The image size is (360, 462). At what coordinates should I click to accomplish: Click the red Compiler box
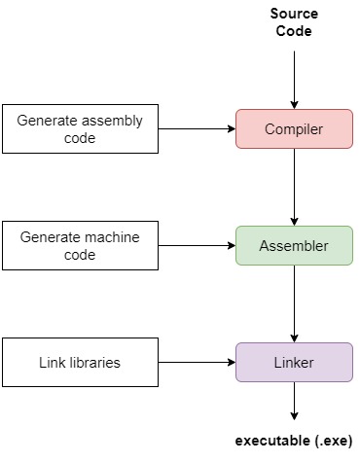pyautogui.click(x=294, y=128)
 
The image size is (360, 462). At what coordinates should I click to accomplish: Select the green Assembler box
pyautogui.click(x=294, y=246)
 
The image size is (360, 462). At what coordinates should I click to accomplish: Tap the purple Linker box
pyautogui.click(x=294, y=362)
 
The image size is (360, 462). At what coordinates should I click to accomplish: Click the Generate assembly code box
pyautogui.click(x=80, y=129)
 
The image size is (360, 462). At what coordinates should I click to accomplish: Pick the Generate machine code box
pyautogui.click(x=80, y=245)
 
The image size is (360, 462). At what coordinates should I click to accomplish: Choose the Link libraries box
pyautogui.click(x=80, y=362)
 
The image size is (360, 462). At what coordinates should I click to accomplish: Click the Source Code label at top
pyautogui.click(x=294, y=23)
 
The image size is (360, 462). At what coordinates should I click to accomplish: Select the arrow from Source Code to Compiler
pyautogui.click(x=294, y=78)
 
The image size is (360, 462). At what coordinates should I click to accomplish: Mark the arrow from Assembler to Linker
pyautogui.click(x=294, y=303)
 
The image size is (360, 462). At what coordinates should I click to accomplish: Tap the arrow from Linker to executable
pyautogui.click(x=294, y=401)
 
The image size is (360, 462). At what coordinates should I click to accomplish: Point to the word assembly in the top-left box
pyautogui.click(x=111, y=121)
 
